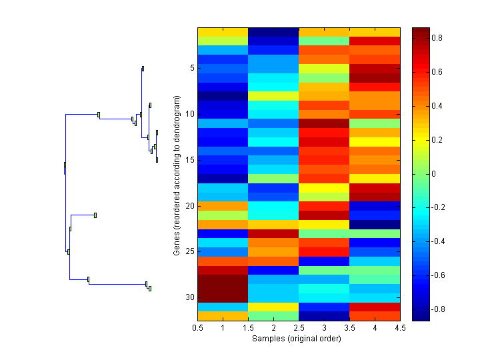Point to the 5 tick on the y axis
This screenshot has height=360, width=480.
[191, 68]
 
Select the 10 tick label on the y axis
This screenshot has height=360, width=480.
[190, 114]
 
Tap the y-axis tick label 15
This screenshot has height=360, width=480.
[190, 160]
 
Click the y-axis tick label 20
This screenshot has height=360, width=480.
[190, 206]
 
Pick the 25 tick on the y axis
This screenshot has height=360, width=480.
[190, 252]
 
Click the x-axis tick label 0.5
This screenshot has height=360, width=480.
[197, 328]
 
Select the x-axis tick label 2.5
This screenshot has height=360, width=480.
[299, 328]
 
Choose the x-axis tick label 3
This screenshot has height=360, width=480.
[324, 328]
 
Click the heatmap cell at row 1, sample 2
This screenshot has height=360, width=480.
[273, 32]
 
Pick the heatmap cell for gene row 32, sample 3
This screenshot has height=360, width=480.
[324, 316]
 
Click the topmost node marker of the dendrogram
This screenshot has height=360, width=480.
[143, 68]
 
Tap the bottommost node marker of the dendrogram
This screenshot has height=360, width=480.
[150, 289]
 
